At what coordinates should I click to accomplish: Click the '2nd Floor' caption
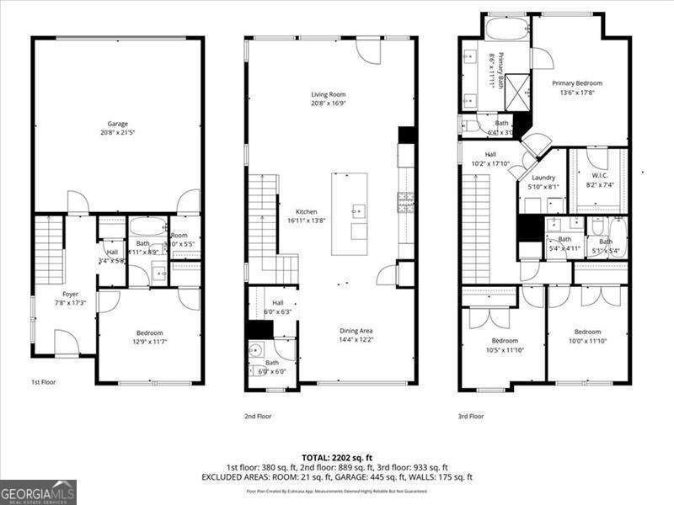(259, 416)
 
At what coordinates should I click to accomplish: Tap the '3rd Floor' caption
(470, 416)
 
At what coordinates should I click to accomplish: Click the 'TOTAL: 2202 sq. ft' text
(336, 457)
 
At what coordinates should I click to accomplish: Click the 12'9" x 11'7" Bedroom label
(149, 338)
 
